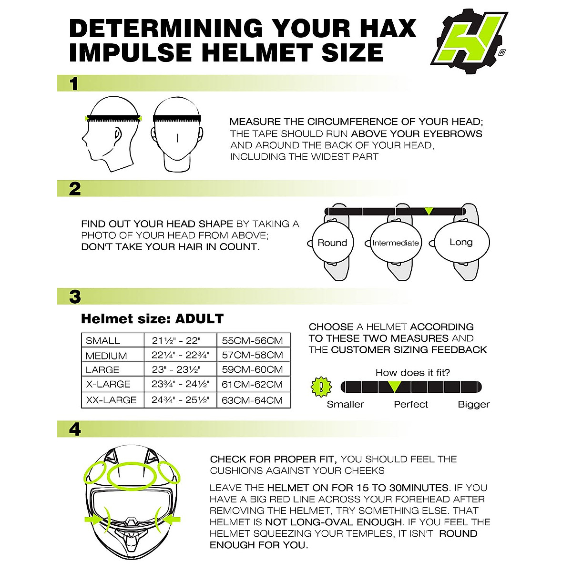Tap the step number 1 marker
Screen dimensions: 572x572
point(74,84)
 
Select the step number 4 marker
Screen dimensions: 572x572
point(75,429)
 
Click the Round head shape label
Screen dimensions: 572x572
point(332,243)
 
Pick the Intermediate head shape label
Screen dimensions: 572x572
point(396,243)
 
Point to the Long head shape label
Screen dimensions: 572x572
point(461,242)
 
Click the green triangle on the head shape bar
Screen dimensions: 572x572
point(429,211)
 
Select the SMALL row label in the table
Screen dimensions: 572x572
point(103,341)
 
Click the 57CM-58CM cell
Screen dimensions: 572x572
point(253,355)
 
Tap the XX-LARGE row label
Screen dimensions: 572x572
point(111,400)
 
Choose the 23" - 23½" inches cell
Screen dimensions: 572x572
point(176,369)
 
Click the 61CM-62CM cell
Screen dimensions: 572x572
point(253,384)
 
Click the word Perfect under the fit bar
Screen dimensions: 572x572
point(411,404)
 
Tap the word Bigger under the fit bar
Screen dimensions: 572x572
point(474,404)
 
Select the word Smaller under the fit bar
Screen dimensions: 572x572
point(345,404)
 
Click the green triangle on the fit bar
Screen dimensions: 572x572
point(394,387)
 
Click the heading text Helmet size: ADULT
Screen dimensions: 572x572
point(152,318)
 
